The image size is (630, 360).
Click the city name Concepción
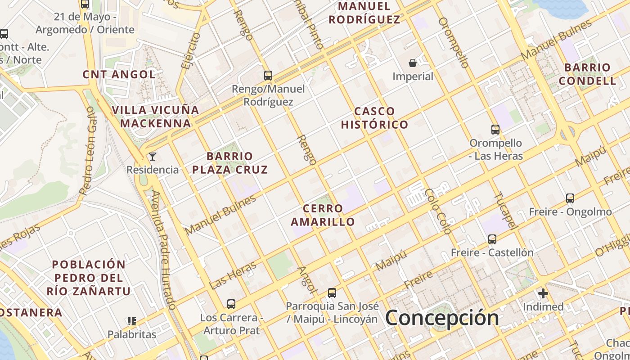(442, 318)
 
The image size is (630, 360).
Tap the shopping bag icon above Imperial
(413, 63)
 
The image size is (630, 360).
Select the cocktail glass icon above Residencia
(153, 157)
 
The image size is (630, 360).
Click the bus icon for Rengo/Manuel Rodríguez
(268, 75)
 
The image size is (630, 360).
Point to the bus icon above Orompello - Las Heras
(495, 130)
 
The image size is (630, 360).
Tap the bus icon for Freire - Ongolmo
(570, 198)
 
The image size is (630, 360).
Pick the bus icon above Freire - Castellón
(492, 239)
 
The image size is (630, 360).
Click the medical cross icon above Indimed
(543, 294)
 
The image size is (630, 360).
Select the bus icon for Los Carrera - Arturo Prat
(231, 304)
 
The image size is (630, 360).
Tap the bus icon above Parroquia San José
(332, 293)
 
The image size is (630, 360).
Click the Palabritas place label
(132, 334)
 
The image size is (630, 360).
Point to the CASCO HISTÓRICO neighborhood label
(374, 118)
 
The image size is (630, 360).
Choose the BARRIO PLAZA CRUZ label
(230, 163)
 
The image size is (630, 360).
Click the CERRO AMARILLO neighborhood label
(323, 215)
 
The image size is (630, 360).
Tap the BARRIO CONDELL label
(588, 74)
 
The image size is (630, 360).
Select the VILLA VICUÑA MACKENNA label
(156, 117)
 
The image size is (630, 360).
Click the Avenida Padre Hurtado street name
(163, 250)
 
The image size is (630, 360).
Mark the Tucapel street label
(505, 211)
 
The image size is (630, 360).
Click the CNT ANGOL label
(119, 74)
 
